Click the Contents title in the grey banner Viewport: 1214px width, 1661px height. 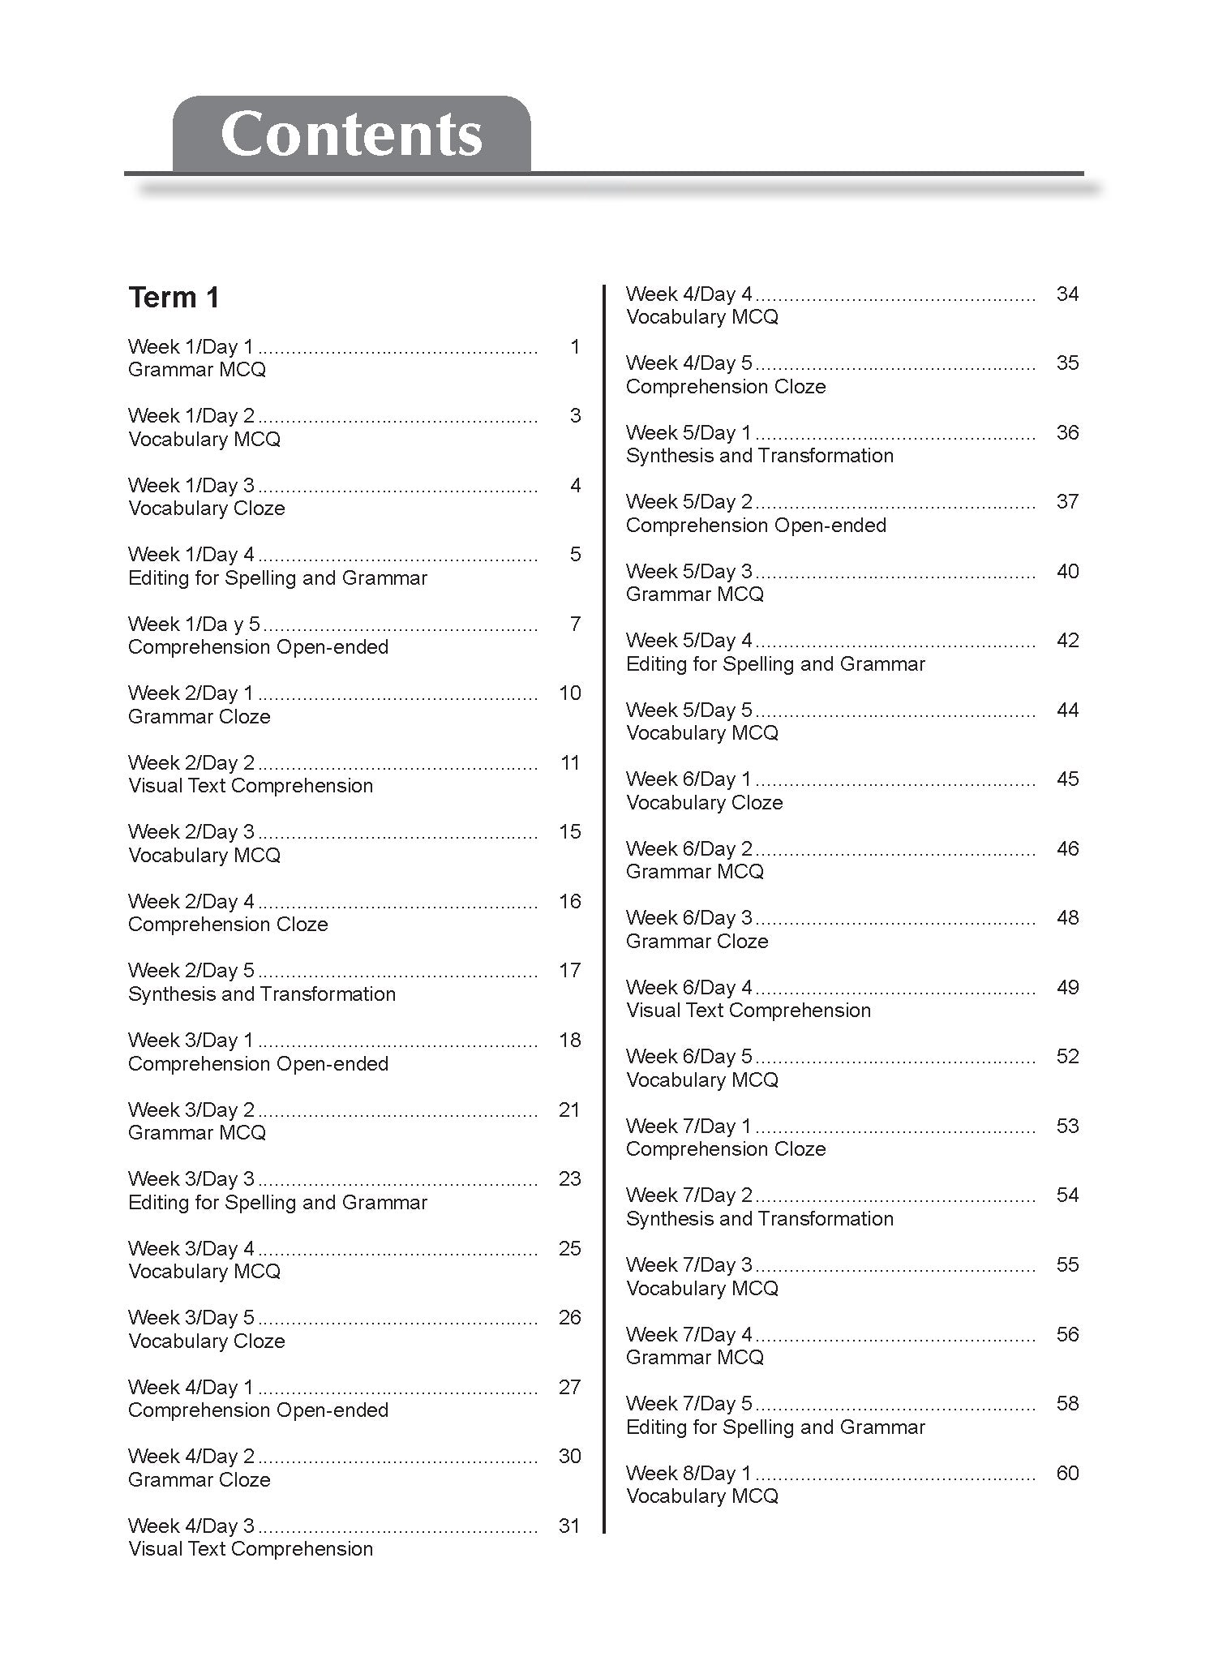351,134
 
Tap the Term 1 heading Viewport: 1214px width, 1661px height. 174,298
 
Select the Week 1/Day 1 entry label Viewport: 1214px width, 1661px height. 191,347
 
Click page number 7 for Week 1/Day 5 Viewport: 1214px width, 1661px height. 575,624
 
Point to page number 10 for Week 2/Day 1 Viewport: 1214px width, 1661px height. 570,693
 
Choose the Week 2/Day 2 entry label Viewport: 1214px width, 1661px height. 191,763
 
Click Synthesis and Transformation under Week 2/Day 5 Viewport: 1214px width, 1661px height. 261,994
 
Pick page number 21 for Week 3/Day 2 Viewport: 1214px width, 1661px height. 569,1109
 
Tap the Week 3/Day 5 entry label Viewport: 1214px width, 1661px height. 191,1318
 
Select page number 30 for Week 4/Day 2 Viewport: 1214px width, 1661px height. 569,1457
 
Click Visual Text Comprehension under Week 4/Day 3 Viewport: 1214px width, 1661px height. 250,1549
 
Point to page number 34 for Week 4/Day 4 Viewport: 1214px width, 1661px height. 1067,294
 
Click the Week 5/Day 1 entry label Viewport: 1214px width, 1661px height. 689,433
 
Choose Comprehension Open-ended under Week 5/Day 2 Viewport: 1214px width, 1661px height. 756,526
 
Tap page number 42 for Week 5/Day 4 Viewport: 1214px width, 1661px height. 1067,641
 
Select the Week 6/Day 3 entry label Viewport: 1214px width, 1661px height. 689,918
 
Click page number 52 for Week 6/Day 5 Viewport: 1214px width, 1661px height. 1067,1057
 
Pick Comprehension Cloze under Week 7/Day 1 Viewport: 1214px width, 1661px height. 726,1149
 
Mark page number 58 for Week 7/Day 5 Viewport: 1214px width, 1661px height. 1067,1404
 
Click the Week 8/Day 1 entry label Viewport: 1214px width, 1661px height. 689,1474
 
